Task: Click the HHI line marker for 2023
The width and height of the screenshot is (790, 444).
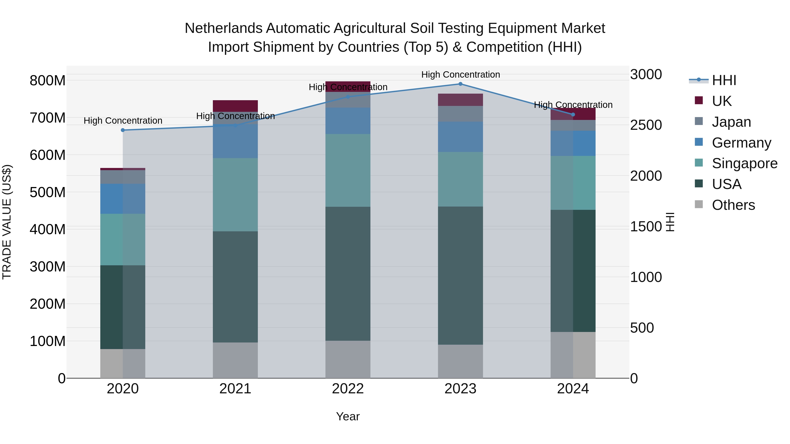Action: [x=460, y=84]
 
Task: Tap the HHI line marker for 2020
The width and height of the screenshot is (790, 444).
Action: [x=123, y=130]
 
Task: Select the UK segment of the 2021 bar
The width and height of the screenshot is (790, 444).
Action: [x=235, y=106]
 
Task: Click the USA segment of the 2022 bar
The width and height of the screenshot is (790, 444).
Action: [x=348, y=274]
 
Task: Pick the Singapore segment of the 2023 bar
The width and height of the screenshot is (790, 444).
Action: [x=460, y=179]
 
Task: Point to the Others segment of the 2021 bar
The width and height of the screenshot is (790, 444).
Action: [x=235, y=360]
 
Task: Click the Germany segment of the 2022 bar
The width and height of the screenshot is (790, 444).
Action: [x=348, y=121]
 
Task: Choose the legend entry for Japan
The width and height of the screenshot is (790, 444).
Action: [x=731, y=122]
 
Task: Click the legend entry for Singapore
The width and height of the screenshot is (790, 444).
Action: [x=744, y=163]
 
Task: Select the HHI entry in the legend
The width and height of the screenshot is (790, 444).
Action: [x=724, y=80]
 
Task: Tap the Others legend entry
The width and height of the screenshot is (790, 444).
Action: [x=733, y=205]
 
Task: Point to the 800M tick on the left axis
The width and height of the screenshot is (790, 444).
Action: [x=48, y=81]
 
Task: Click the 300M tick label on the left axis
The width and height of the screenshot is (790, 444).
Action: [x=48, y=267]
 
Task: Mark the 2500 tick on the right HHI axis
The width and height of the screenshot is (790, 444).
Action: [x=646, y=125]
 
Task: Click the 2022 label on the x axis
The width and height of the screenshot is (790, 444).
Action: [x=348, y=389]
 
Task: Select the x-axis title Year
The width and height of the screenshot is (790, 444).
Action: [x=348, y=416]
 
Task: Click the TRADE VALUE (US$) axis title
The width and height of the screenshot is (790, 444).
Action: [x=7, y=222]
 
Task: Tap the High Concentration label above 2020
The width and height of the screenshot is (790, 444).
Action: [x=123, y=121]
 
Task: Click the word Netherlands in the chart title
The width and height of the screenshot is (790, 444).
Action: [x=223, y=28]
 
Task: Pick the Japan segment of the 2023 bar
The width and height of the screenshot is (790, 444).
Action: [x=460, y=114]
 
